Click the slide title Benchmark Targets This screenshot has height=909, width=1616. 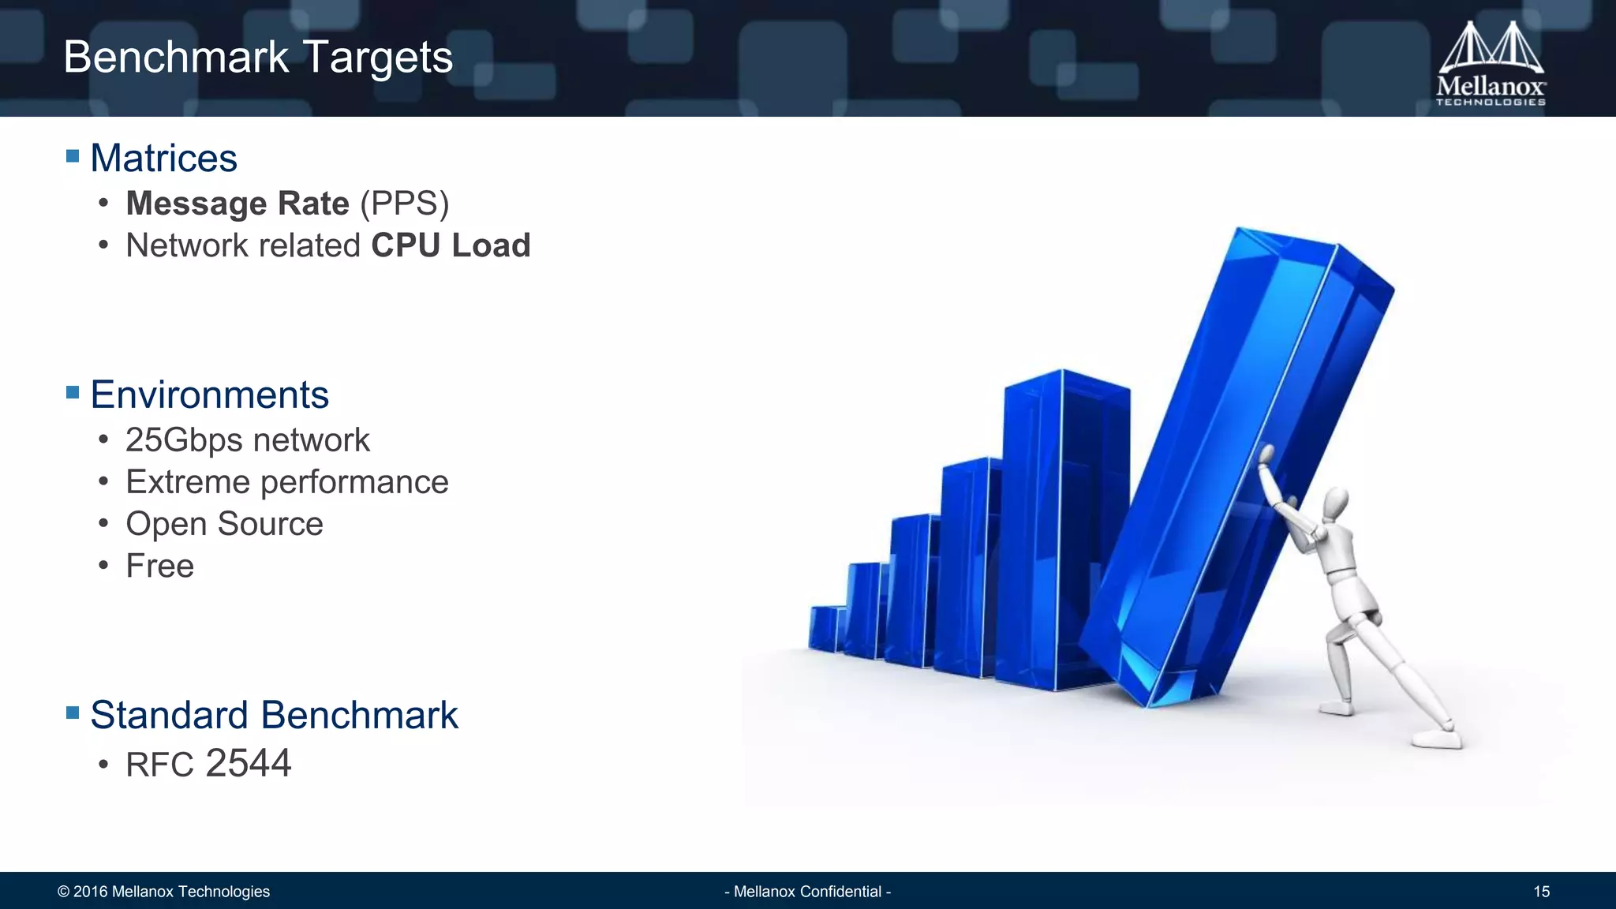pos(258,58)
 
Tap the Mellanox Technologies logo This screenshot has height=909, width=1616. pos(1491,65)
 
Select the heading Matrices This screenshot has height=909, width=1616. pos(163,158)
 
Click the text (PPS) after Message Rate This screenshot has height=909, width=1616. pos(404,204)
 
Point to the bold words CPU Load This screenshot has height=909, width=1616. pos(451,245)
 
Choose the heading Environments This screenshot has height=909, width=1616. pos(209,395)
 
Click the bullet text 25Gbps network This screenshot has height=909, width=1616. pos(247,440)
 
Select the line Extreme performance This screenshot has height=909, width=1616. pos(286,482)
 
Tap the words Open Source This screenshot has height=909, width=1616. pos(224,524)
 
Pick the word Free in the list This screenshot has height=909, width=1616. pos(159,566)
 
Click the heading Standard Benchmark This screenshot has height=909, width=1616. pos(274,715)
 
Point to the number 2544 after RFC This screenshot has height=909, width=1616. pos(248,763)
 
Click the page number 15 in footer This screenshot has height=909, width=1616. pos(1541,892)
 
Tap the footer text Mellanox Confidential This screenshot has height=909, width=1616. pos(807,892)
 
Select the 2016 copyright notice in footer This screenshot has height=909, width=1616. pos(163,892)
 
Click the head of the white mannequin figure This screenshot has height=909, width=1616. pos(1336,504)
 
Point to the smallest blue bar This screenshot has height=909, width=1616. pos(825,628)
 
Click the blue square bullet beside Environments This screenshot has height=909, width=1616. pos(73,392)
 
